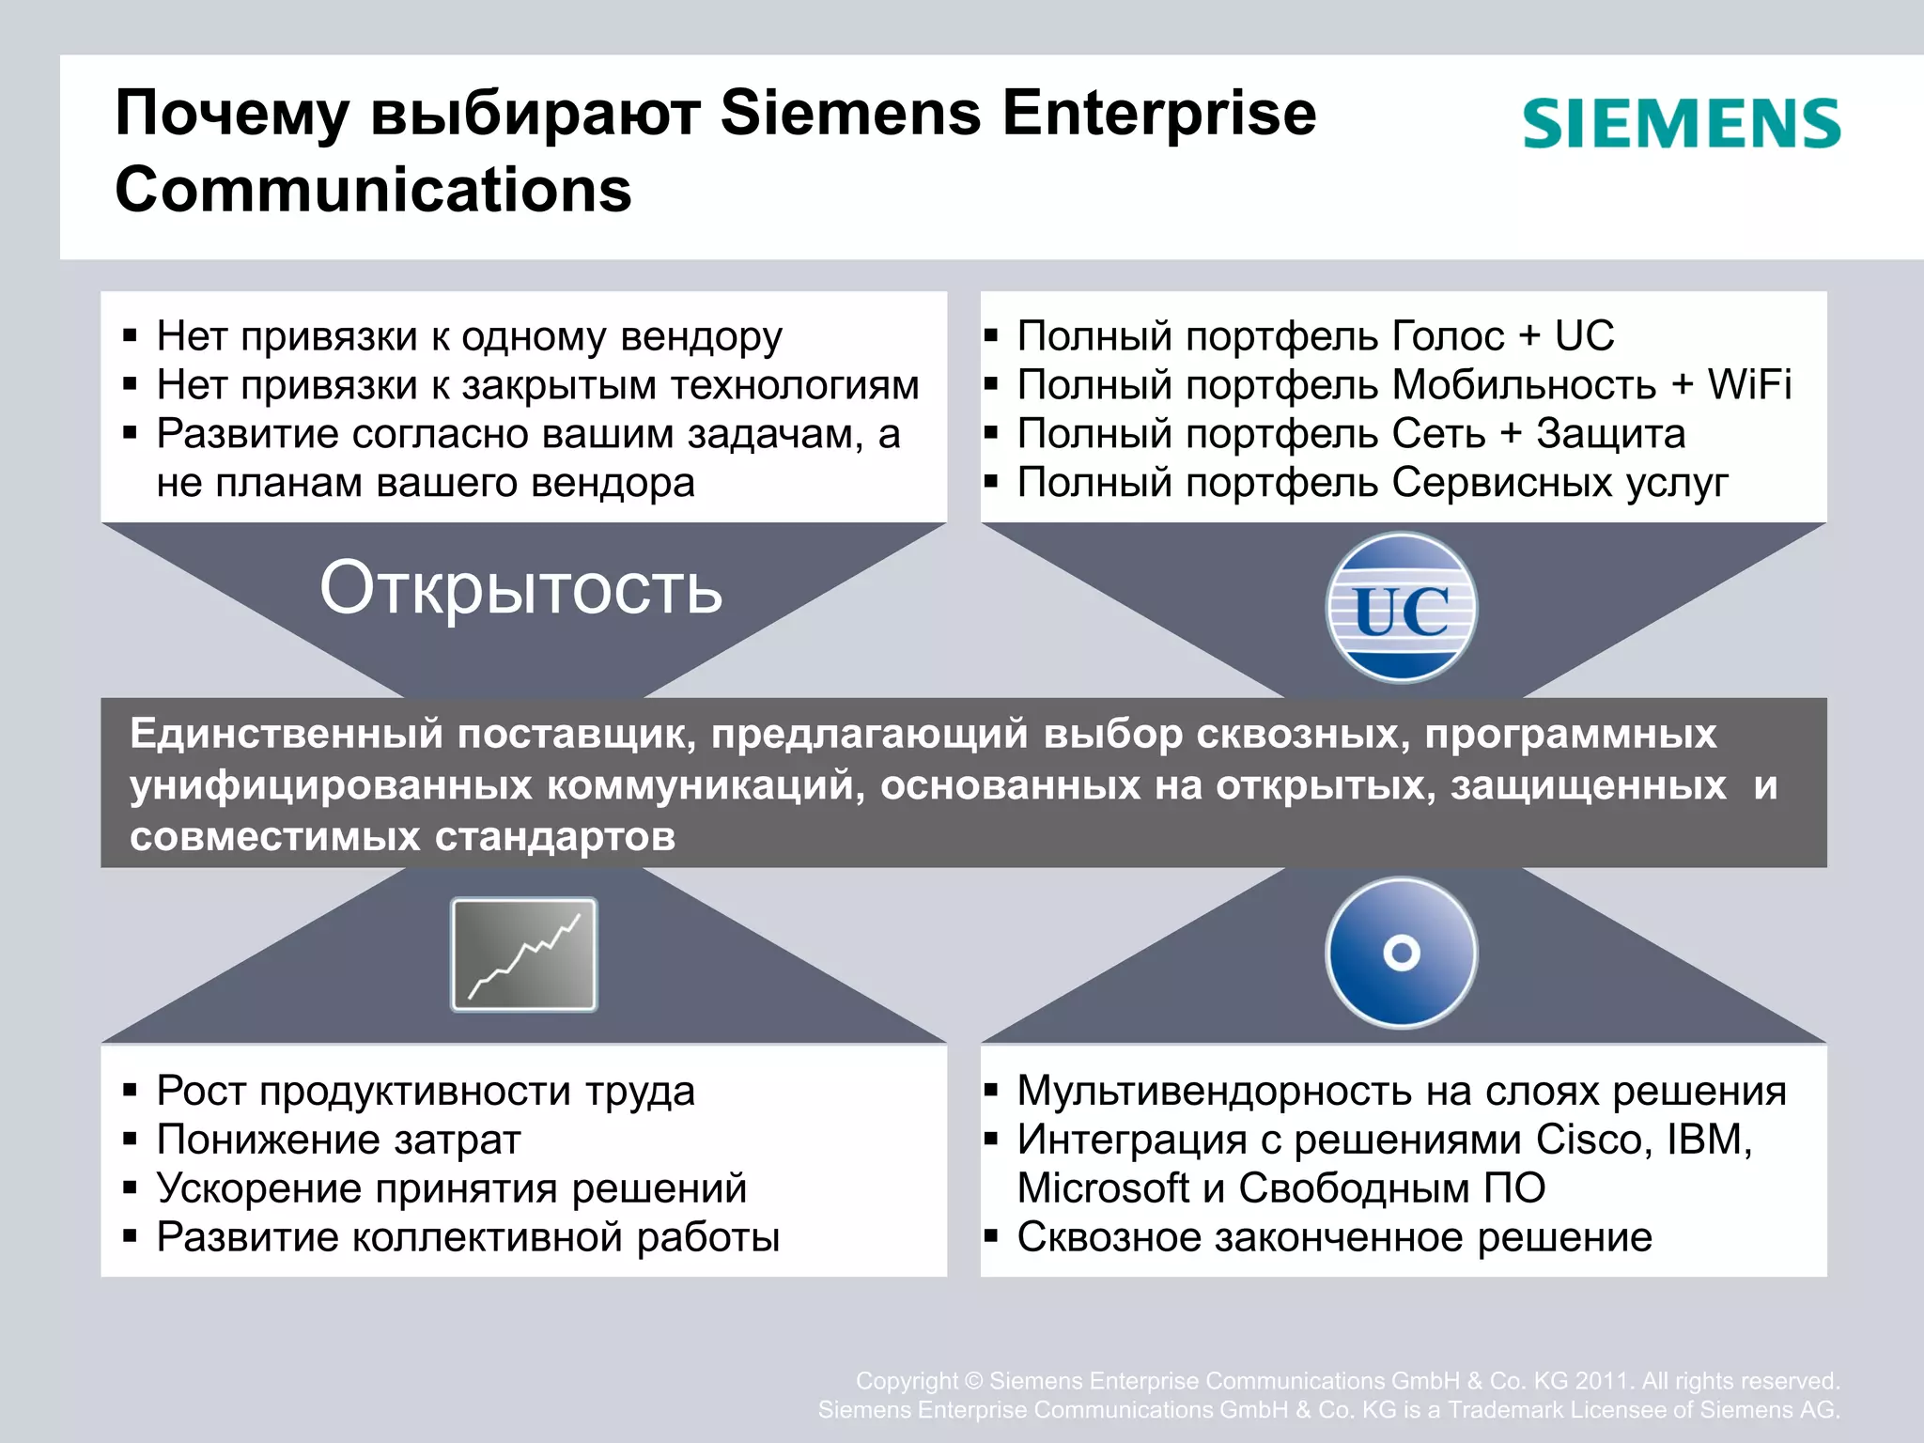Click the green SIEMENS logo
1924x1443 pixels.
(x=1681, y=124)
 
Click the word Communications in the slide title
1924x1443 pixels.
(x=373, y=190)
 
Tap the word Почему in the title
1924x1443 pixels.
(x=231, y=115)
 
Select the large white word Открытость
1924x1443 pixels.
(x=520, y=589)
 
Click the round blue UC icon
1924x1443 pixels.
(x=1401, y=608)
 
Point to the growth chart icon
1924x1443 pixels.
(x=524, y=954)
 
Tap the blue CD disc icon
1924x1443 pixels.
(x=1401, y=953)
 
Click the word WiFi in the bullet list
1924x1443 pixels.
(x=1748, y=385)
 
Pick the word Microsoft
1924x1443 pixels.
(x=1102, y=1188)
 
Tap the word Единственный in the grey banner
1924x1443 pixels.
(x=286, y=734)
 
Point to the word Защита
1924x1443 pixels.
(x=1610, y=434)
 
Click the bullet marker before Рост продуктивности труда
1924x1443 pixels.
(x=131, y=1092)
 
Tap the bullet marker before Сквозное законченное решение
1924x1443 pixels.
(x=990, y=1237)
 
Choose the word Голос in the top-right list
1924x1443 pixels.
(x=1448, y=336)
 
